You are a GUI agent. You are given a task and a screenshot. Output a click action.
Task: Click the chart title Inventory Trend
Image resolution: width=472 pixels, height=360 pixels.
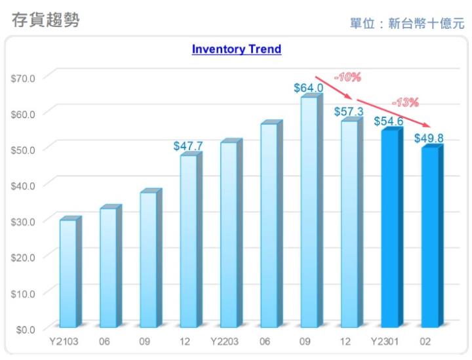[x=236, y=49]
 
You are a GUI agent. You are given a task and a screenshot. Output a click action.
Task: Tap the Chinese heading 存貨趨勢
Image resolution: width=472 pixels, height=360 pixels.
[x=46, y=20]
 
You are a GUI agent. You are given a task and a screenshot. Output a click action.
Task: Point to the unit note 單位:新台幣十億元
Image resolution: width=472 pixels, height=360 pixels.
[x=406, y=24]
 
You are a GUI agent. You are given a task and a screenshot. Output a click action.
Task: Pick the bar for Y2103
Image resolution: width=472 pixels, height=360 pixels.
[x=68, y=273]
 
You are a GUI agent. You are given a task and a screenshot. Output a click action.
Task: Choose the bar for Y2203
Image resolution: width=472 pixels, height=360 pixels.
[x=228, y=234]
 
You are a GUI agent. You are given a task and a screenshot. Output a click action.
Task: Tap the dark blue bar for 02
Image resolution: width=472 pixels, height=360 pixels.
[x=429, y=237]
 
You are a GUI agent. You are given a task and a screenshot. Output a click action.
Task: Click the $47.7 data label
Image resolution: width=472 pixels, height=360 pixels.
[x=188, y=146]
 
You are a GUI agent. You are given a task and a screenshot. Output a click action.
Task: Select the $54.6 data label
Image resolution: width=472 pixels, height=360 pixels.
[x=389, y=121]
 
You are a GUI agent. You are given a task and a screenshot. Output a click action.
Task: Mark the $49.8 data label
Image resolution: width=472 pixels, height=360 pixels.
[x=429, y=138]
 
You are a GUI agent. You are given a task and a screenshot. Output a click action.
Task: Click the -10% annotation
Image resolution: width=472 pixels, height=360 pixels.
[x=347, y=77]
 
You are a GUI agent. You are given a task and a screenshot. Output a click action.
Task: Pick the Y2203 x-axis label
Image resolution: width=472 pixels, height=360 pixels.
[x=226, y=342]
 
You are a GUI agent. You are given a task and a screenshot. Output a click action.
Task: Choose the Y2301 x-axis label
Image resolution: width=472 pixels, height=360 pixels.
[x=387, y=342]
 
